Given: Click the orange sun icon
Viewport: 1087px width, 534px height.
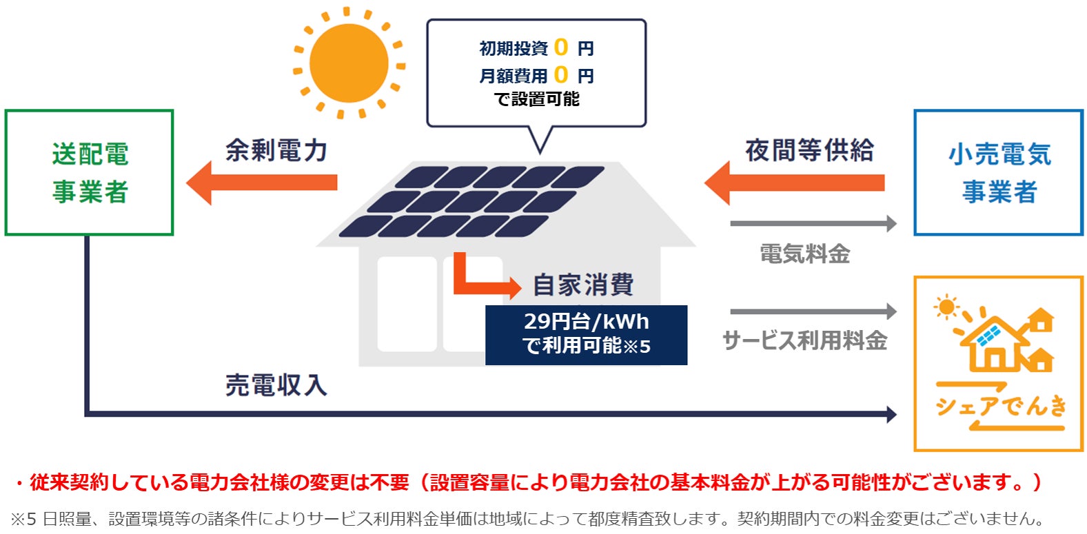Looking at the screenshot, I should [x=349, y=63].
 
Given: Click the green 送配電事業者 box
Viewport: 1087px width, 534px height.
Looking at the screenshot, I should [x=89, y=172].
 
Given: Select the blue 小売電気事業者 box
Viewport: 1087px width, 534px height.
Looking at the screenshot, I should [x=998, y=172].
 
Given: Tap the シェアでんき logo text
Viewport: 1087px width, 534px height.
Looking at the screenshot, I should [x=1000, y=407].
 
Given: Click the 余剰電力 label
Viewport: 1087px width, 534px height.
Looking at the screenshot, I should [x=276, y=150].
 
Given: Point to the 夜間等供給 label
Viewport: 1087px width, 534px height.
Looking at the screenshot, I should [x=809, y=150].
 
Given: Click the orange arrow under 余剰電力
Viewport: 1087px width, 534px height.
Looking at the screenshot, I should [x=262, y=183].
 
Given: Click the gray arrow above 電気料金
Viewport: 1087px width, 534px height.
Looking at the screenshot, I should [x=813, y=223].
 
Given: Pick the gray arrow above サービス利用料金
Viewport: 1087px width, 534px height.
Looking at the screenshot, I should [x=813, y=311].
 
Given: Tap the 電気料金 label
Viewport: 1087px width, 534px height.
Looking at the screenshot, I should [x=804, y=254].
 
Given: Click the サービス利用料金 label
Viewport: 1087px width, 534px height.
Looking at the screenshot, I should [x=804, y=340].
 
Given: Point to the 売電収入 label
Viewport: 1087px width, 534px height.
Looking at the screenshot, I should [x=276, y=385].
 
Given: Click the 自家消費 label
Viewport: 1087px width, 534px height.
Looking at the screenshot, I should [x=583, y=284].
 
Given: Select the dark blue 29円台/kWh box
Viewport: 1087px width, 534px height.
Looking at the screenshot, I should [x=586, y=335].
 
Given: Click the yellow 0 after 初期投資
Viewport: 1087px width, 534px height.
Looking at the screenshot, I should [x=561, y=48].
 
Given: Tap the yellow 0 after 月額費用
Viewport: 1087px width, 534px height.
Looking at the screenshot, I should [x=561, y=74].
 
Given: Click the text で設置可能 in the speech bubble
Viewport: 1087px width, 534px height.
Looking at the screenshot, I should [x=537, y=99].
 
